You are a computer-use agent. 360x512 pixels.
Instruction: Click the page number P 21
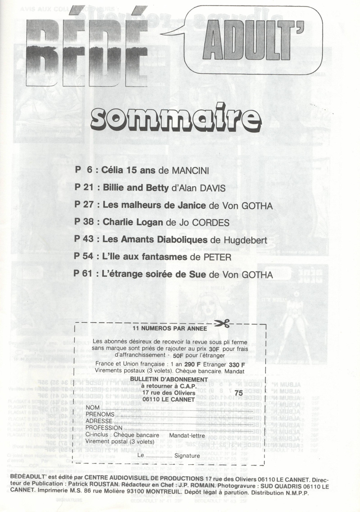[84, 188]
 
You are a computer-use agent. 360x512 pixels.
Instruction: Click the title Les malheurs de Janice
[154, 205]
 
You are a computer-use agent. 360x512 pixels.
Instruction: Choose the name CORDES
[210, 223]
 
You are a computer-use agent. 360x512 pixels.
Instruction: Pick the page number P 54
[84, 257]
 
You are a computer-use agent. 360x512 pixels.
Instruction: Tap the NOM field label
[93, 408]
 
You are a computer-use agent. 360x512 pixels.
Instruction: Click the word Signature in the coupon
[187, 456]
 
